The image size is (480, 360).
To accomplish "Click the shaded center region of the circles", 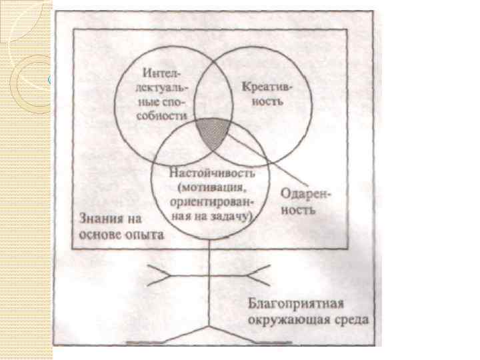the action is (213, 131).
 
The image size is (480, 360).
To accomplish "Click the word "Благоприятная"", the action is (296, 305).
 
